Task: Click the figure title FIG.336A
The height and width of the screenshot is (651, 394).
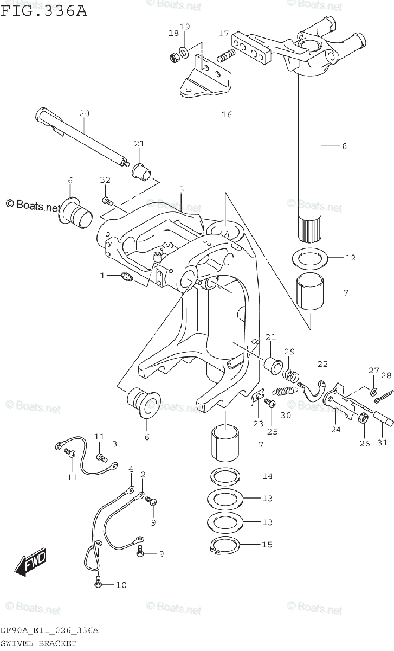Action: pyautogui.click(x=43, y=11)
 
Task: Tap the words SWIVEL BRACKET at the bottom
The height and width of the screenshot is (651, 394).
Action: pyautogui.click(x=38, y=643)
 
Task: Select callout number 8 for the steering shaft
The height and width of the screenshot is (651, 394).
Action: pyautogui.click(x=344, y=145)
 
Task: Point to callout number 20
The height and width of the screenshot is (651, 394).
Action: pyautogui.click(x=84, y=113)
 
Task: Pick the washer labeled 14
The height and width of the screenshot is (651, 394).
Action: pyautogui.click(x=225, y=476)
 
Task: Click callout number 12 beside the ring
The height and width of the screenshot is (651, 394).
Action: pyautogui.click(x=350, y=258)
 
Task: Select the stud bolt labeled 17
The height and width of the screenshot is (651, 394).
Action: pyautogui.click(x=225, y=55)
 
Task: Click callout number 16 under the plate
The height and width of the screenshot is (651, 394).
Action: pyautogui.click(x=227, y=114)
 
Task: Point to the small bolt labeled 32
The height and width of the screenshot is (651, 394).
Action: pyautogui.click(x=107, y=201)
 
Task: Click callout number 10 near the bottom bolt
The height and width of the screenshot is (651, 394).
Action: pyautogui.click(x=121, y=585)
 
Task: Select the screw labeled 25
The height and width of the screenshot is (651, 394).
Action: pyautogui.click(x=270, y=402)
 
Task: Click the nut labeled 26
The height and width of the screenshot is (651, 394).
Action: pyautogui.click(x=363, y=418)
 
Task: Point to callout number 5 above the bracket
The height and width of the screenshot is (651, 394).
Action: pyautogui.click(x=182, y=189)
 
